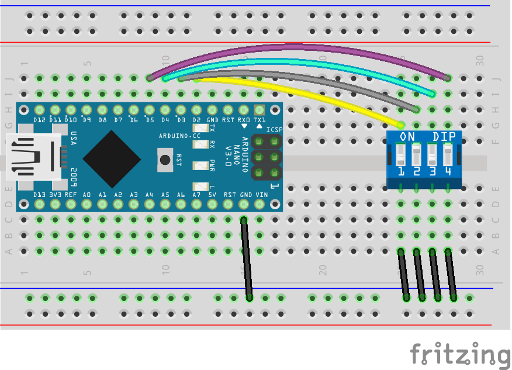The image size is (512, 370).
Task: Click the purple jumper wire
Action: coord(298,46)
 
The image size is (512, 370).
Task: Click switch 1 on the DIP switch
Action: coord(401,156)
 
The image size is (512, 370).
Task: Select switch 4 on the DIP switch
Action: coord(448,156)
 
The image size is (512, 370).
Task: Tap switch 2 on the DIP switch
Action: coord(416,156)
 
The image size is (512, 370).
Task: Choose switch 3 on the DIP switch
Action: coord(432,156)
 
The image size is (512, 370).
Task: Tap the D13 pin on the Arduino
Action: coord(40,204)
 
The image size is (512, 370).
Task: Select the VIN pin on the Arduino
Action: coord(260,204)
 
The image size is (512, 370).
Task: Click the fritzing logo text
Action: coord(459,354)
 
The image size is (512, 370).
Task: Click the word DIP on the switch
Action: coord(443,136)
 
